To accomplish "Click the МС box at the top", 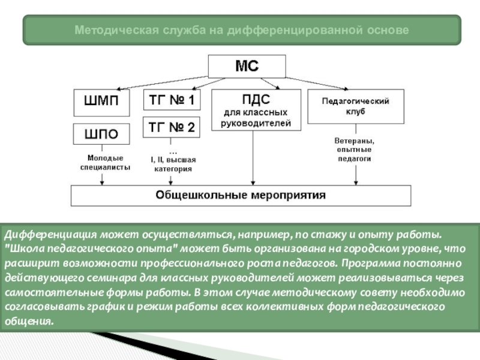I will pyautogui.click(x=246, y=66).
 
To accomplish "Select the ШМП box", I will pyautogui.click(x=101, y=102).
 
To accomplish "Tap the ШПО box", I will pyautogui.click(x=101, y=134).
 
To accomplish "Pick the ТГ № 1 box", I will pyautogui.click(x=171, y=100).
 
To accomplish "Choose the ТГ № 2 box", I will pyautogui.click(x=171, y=127).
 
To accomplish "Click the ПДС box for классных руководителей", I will pyautogui.click(x=256, y=110).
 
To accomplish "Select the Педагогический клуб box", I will pyautogui.click(x=356, y=106).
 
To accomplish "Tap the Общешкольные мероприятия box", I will pyautogui.click(x=241, y=195).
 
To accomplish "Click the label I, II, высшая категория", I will pyautogui.click(x=173, y=164).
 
